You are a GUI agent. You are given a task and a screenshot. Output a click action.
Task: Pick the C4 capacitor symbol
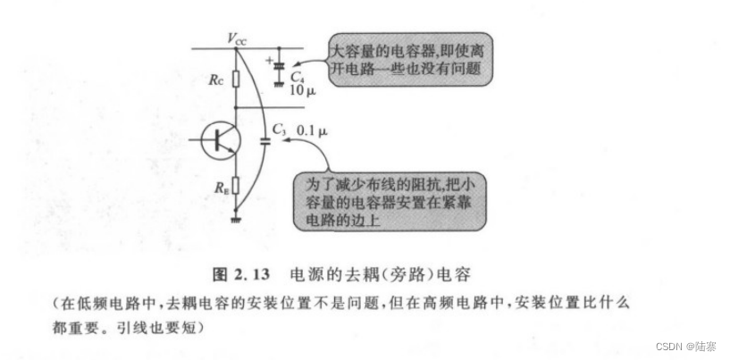[280, 66]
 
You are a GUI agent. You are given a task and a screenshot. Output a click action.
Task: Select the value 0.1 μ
[312, 131]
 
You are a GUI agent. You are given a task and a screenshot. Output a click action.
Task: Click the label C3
[280, 131]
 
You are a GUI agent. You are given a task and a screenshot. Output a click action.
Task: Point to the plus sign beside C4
[269, 60]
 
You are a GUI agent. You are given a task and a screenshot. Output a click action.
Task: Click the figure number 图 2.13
[258, 270]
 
